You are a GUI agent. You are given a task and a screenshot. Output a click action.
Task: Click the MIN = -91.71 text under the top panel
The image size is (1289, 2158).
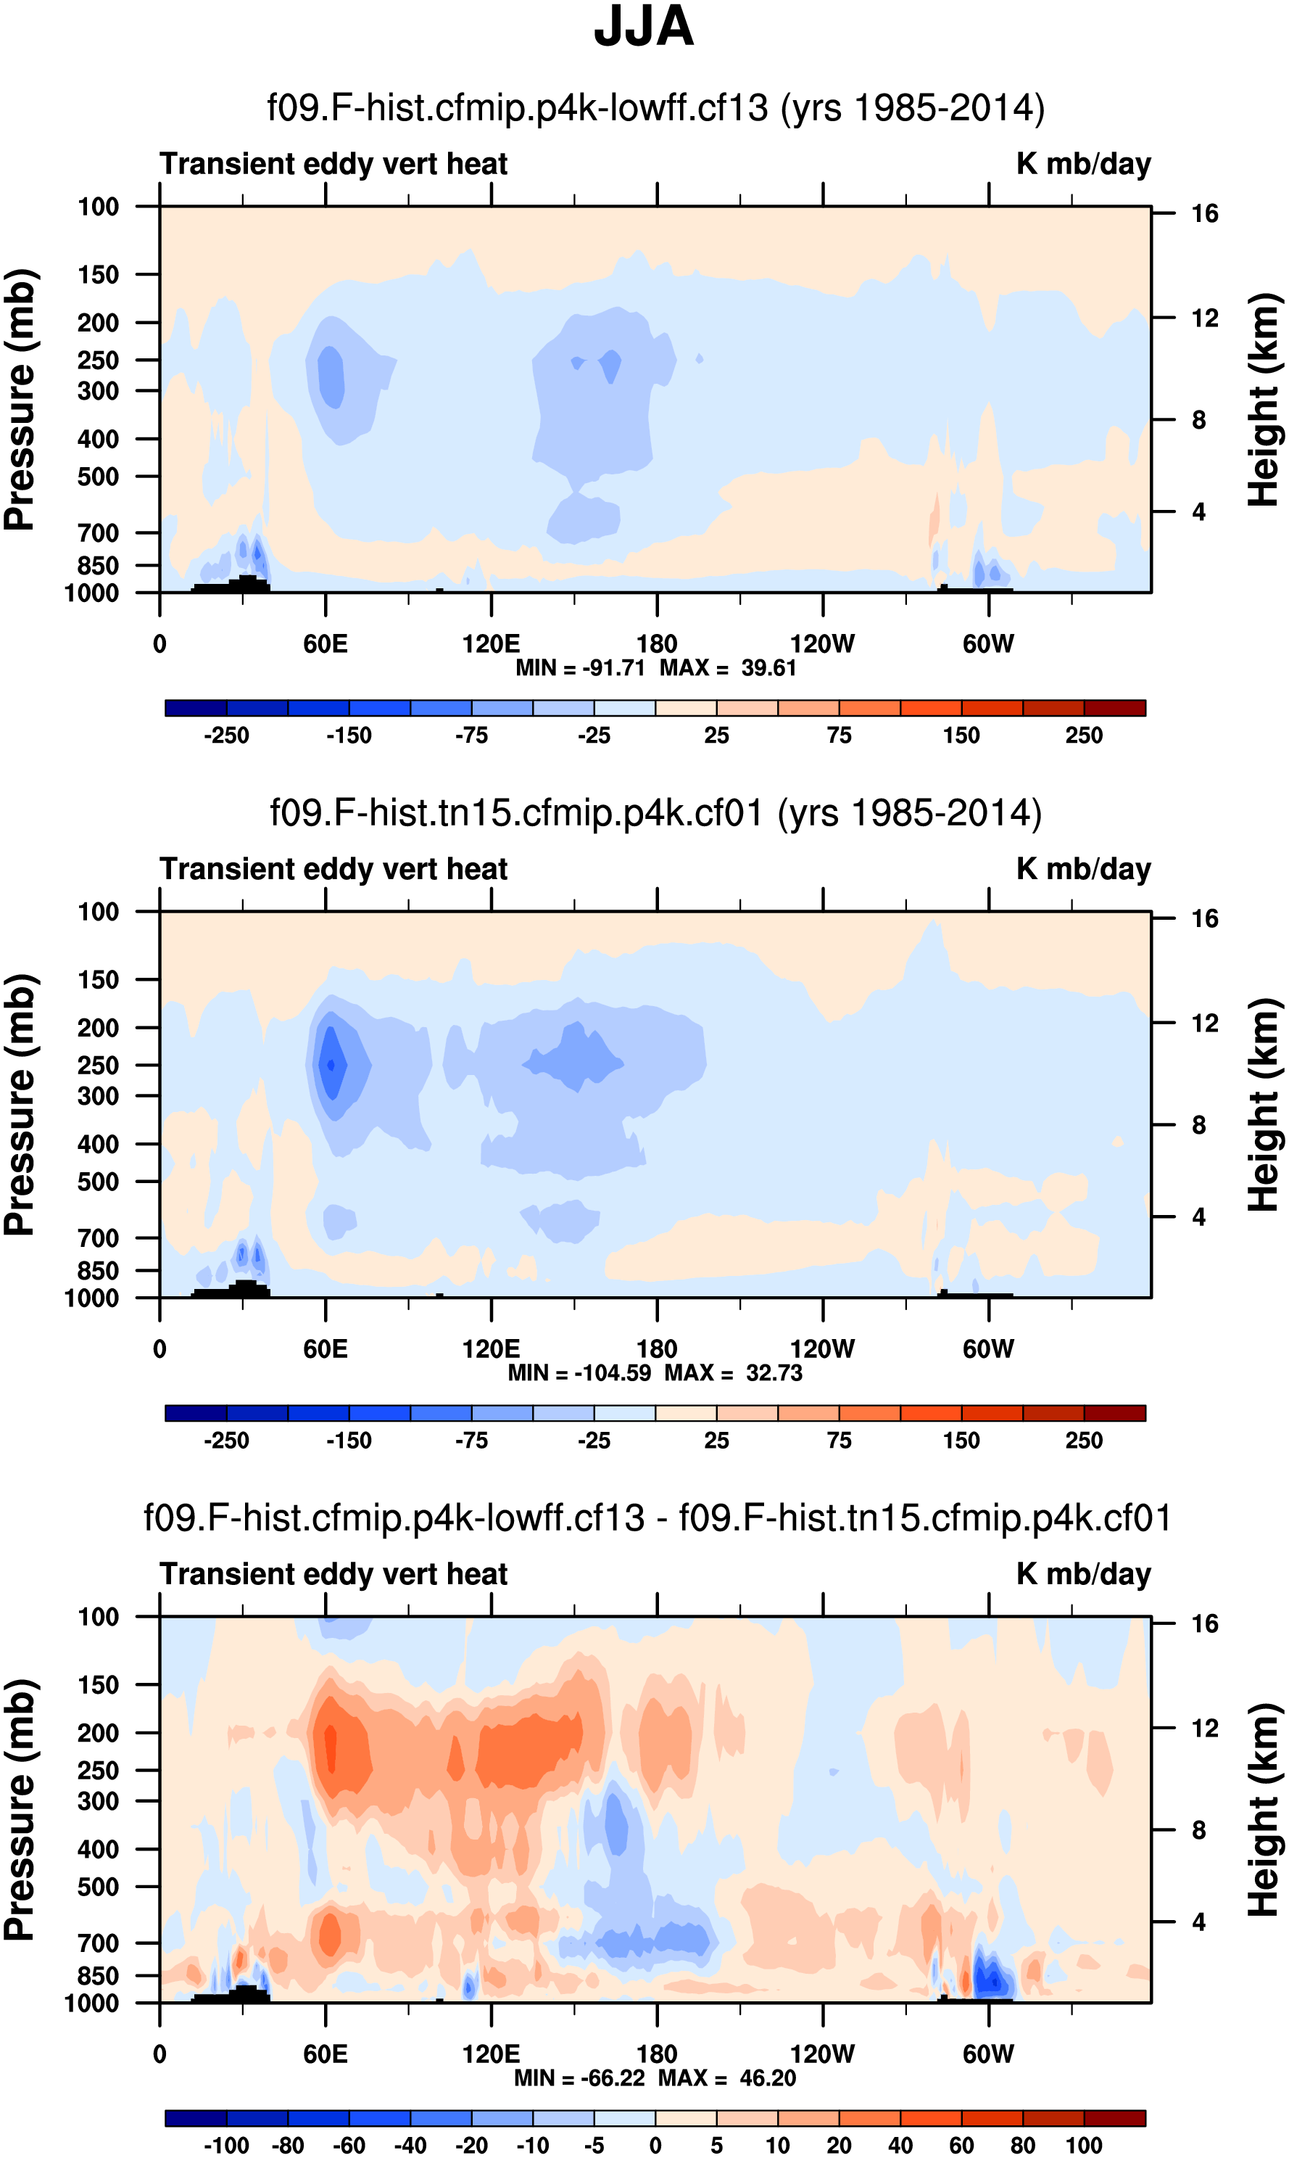click(x=579, y=668)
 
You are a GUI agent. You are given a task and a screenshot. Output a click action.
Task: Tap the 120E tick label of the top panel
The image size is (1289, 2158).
click(x=491, y=644)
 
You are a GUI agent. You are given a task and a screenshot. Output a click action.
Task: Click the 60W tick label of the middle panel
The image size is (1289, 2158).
click(x=987, y=1349)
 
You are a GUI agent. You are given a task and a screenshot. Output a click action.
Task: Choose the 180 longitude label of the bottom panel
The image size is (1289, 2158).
click(x=657, y=2054)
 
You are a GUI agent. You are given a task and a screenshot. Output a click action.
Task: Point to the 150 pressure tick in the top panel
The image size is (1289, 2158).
click(x=98, y=275)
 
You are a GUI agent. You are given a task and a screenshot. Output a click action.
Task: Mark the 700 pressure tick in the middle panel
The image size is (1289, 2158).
click(x=98, y=1237)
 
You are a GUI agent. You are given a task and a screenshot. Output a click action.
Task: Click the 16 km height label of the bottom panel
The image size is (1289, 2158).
click(x=1205, y=1623)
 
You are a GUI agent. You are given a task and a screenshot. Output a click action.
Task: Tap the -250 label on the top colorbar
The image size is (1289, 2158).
click(x=227, y=736)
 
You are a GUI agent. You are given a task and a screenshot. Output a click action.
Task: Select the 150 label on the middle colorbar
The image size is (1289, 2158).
click(x=961, y=1440)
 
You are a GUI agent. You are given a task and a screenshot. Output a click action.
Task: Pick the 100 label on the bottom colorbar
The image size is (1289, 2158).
click(x=1084, y=2145)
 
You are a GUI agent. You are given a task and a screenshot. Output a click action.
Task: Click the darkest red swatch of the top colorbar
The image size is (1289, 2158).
click(x=1114, y=707)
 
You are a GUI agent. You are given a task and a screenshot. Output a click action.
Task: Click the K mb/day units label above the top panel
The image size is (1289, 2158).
click(x=1083, y=163)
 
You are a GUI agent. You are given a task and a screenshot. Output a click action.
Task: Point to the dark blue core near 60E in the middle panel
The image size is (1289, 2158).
click(x=330, y=1064)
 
